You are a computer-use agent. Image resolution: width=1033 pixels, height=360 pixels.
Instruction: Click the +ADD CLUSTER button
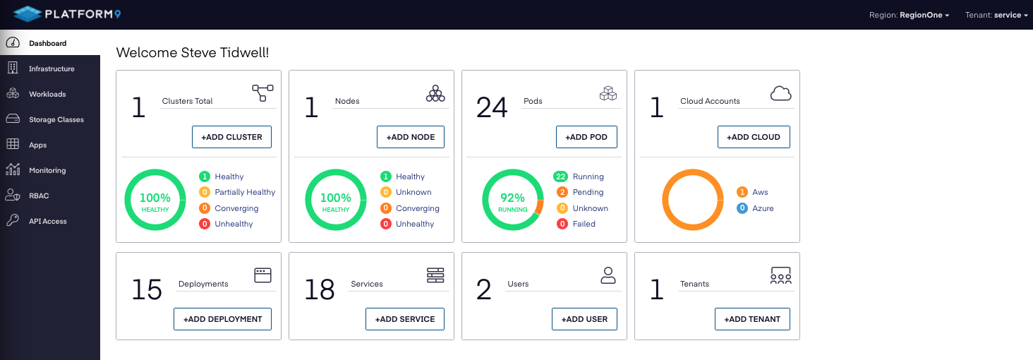point(231,137)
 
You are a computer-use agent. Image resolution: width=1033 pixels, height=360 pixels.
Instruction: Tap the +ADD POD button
point(587,137)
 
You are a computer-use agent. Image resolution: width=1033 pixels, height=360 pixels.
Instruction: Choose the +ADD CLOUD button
point(754,137)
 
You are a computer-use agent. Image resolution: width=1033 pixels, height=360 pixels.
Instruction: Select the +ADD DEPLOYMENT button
point(222,319)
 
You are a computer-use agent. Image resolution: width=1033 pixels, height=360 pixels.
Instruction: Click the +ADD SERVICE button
point(405,319)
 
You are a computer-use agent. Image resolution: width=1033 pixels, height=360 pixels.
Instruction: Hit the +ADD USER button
point(584,319)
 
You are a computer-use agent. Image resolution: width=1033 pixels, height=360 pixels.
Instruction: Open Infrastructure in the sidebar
point(51,68)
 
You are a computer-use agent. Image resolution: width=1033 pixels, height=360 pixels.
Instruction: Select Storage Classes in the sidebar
point(56,119)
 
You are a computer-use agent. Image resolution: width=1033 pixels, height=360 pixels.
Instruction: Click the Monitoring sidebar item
point(47,170)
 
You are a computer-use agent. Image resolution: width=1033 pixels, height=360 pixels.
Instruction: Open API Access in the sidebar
point(47,221)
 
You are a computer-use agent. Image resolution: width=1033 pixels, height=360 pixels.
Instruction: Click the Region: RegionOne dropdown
point(909,15)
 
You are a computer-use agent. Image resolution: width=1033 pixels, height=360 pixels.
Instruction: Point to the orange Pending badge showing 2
point(562,192)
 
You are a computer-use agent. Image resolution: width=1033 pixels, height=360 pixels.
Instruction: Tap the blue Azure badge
point(742,208)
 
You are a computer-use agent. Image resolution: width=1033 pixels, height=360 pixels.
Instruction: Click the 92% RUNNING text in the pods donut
point(513,202)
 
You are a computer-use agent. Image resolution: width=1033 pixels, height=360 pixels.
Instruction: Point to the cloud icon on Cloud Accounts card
point(780,93)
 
